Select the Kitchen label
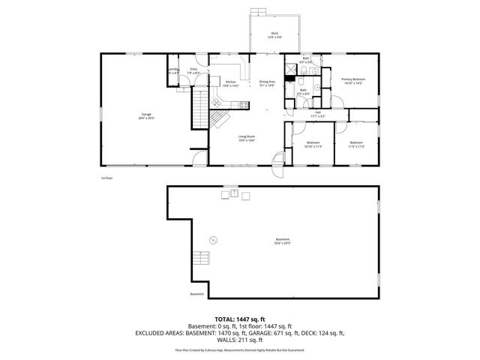230,84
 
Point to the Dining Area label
268,83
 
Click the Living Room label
247,138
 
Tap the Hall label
318,115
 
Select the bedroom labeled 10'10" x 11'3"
313,144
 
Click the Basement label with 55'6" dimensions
282,241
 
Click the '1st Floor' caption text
106,178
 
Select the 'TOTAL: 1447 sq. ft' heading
239,319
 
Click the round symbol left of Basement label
213,240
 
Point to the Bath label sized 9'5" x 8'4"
303,91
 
